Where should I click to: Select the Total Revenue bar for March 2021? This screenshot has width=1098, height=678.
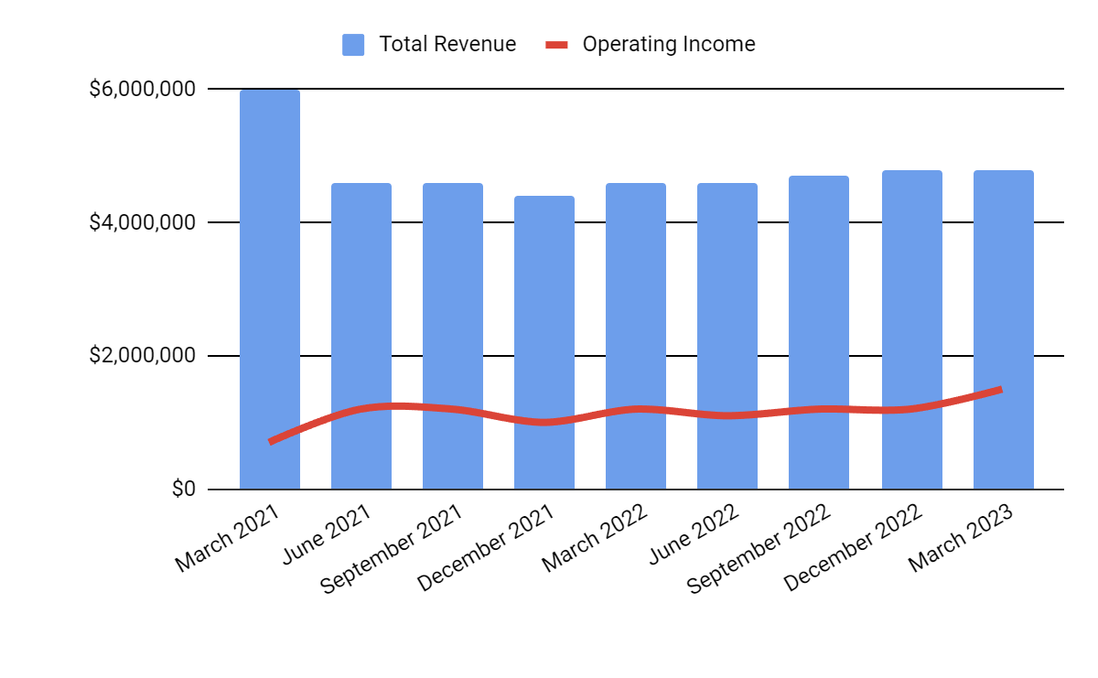(x=270, y=274)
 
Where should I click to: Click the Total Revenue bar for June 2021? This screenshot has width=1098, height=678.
(x=361, y=320)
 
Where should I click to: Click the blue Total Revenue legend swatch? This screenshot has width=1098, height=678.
(x=353, y=44)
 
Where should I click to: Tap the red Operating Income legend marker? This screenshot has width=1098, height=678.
(x=557, y=44)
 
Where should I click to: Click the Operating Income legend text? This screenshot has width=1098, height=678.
(x=669, y=44)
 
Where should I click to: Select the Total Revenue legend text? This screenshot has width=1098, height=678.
(x=447, y=44)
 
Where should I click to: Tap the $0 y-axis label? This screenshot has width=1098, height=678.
(x=184, y=490)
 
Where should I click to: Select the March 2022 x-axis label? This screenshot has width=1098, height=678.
(x=595, y=538)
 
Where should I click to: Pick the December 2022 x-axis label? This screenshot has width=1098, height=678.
(x=853, y=547)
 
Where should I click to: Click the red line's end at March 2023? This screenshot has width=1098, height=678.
(x=1001, y=390)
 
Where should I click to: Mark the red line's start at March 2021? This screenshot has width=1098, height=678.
(x=271, y=441)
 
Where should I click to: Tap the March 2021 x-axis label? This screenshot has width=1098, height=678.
(x=229, y=538)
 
